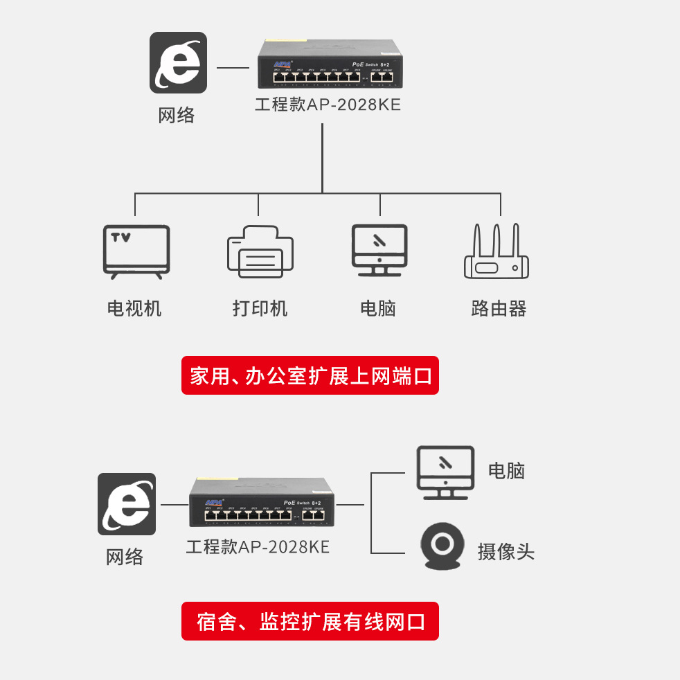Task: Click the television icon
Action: pos(136,251)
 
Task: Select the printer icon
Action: pos(260,252)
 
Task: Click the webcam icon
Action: pos(441,546)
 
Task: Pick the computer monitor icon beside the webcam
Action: pos(445,472)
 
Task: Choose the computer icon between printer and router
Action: pos(379,250)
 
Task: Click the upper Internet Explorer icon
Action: pos(178,62)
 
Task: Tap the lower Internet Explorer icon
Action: pos(127,503)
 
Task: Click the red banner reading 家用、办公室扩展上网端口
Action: pos(310,376)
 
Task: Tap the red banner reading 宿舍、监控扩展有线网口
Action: pos(310,621)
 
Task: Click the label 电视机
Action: pos(134,308)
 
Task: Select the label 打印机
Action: pos(260,308)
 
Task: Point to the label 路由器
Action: pos(499,308)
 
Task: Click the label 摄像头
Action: pos(505,552)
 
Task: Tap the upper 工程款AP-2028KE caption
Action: pos(328,105)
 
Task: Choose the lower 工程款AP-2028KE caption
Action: pos(258,546)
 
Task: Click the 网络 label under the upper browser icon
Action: pos(177,115)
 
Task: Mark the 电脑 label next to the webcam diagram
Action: pos(506,471)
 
